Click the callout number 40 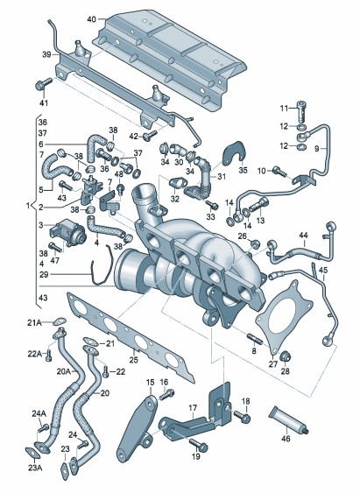click(91, 19)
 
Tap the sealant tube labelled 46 click(288, 420)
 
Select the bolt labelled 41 click(43, 84)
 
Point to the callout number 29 click(45, 274)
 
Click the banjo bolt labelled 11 click(302, 112)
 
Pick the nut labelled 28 click(286, 356)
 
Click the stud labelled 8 click(254, 339)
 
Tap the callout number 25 click(134, 359)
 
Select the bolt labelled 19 click(198, 445)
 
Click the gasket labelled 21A click(59, 321)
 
